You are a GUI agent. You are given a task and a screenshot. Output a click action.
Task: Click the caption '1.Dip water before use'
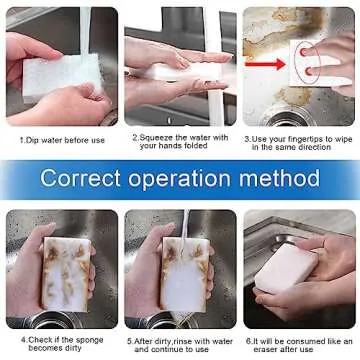(61, 139)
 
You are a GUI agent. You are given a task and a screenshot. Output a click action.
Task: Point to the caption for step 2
(180, 142)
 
